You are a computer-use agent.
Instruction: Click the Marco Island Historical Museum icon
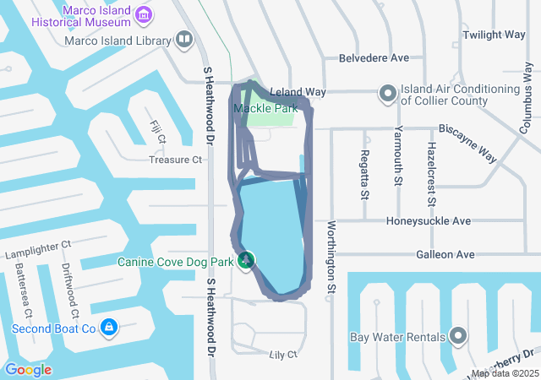144,14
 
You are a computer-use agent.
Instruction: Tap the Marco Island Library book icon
183,39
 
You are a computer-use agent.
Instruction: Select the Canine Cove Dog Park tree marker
246,261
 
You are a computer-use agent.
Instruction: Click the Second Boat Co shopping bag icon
108,327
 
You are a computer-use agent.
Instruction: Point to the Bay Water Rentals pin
458,337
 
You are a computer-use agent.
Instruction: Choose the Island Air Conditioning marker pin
388,93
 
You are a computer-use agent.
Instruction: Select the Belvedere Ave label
373,58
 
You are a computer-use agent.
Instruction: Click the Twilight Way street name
494,35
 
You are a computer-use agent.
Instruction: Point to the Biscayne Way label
467,130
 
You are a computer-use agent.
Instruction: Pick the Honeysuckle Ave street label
428,221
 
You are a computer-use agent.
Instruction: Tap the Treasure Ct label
176,159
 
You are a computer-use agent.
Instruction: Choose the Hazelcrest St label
431,174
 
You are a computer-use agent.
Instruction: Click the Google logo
28,369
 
